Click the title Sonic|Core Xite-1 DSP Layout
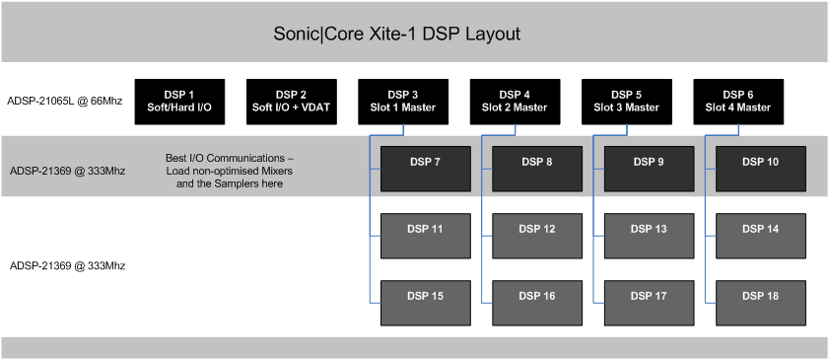click(x=396, y=34)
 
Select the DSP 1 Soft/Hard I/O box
click(x=178, y=103)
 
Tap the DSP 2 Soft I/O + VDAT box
click(x=291, y=103)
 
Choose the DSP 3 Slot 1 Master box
click(x=403, y=103)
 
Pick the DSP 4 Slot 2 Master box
click(x=516, y=103)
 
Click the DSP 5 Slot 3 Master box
click(x=627, y=103)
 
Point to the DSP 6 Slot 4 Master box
click(x=739, y=103)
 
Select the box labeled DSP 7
click(x=425, y=169)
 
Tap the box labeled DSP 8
click(x=537, y=169)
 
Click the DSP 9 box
click(x=649, y=169)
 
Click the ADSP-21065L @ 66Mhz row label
click(x=65, y=102)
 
